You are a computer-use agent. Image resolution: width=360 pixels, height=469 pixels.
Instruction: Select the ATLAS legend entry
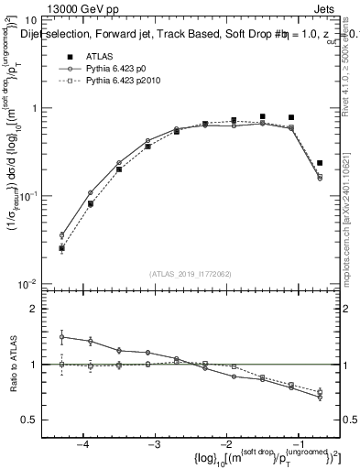pyautogui.click(x=100, y=55)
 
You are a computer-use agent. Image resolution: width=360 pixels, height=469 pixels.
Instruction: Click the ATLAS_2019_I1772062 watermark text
pyautogui.click(x=191, y=274)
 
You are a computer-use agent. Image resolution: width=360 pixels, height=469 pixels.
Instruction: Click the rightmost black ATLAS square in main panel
pyautogui.click(x=320, y=163)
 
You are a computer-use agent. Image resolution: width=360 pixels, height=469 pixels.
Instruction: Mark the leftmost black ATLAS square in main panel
pyautogui.click(x=62, y=247)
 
